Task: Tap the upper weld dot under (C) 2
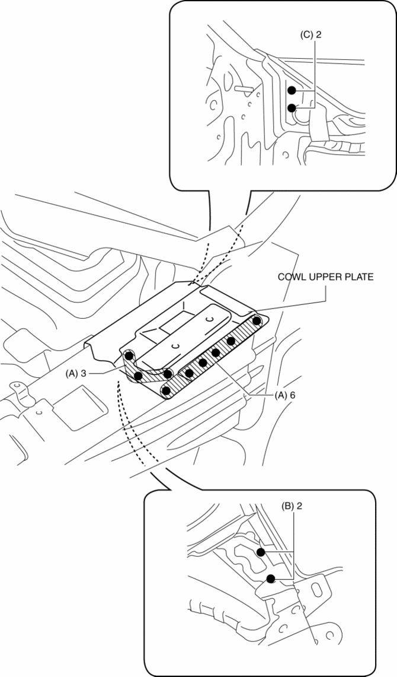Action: tap(292, 91)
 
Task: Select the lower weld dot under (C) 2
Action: tap(292, 108)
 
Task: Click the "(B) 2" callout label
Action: tap(294, 508)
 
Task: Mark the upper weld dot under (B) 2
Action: tap(260, 552)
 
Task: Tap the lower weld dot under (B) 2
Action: tap(271, 579)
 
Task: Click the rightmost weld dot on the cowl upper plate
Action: tap(257, 321)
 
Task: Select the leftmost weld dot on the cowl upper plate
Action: tap(128, 356)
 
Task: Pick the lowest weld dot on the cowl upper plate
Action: tap(167, 390)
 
